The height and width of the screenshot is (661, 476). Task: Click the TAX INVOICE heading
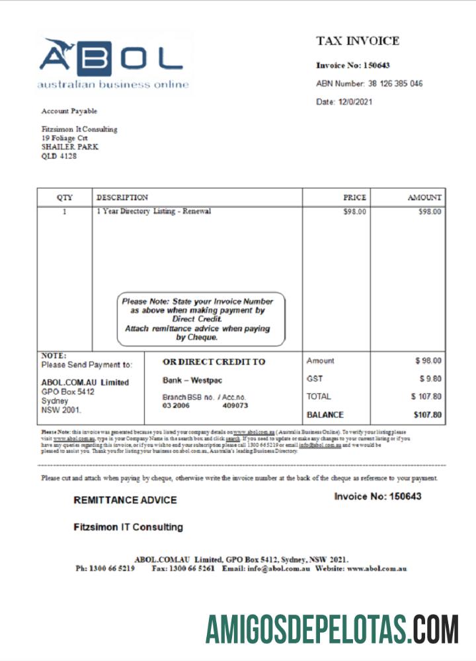(358, 41)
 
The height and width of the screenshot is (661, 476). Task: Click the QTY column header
(65, 197)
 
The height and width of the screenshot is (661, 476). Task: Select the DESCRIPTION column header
(122, 197)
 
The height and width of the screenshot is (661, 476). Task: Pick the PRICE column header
(354, 197)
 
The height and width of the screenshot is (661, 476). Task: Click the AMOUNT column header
(424, 197)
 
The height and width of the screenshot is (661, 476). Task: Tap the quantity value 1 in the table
(64, 212)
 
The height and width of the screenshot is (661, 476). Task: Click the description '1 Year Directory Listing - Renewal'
(154, 212)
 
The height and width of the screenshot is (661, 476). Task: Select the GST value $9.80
(430, 379)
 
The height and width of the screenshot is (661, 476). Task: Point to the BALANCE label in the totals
(325, 415)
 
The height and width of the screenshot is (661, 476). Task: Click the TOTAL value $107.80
(426, 397)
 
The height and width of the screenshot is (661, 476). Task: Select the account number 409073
(235, 405)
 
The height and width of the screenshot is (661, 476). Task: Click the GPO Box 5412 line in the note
(67, 392)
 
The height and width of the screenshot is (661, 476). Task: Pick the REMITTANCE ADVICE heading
(125, 500)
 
